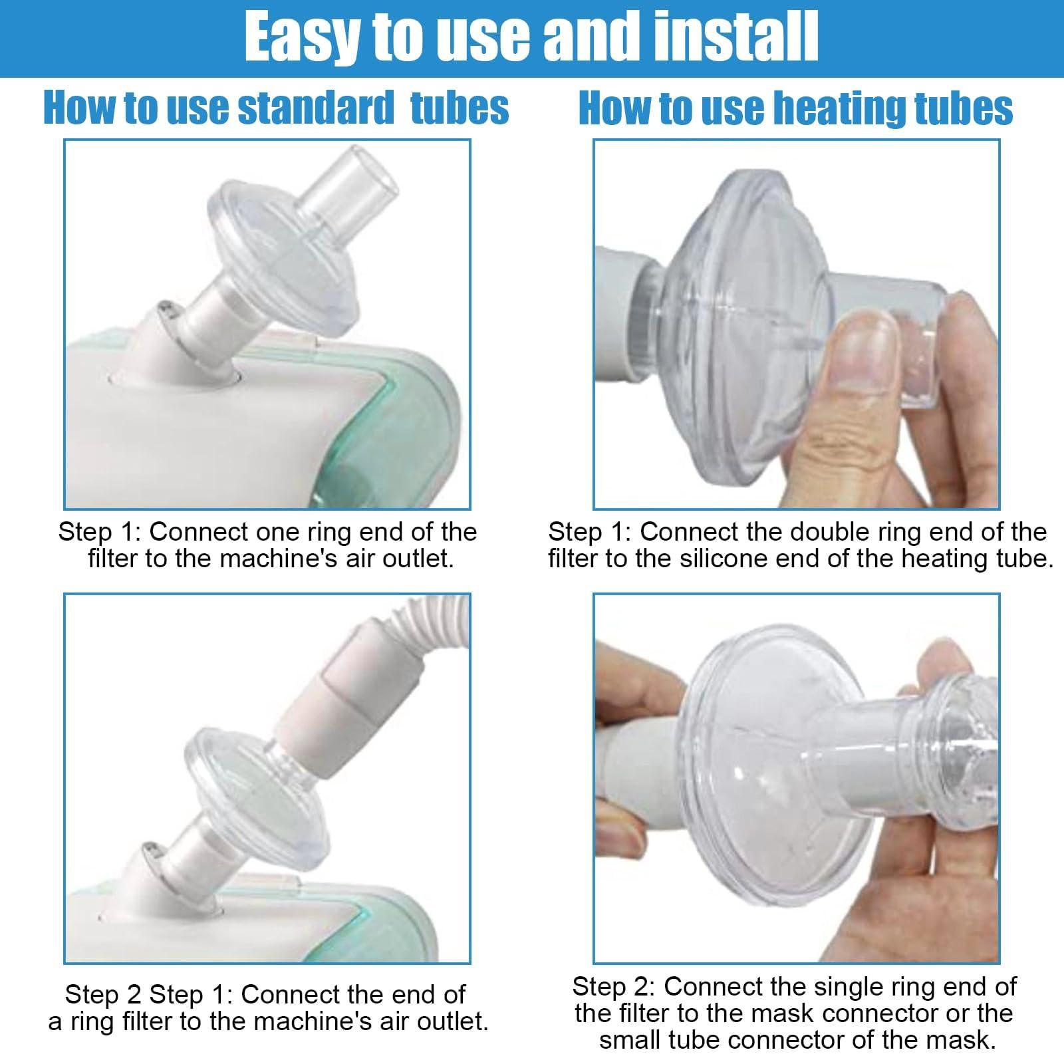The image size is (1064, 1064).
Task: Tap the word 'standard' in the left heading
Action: point(317,108)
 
